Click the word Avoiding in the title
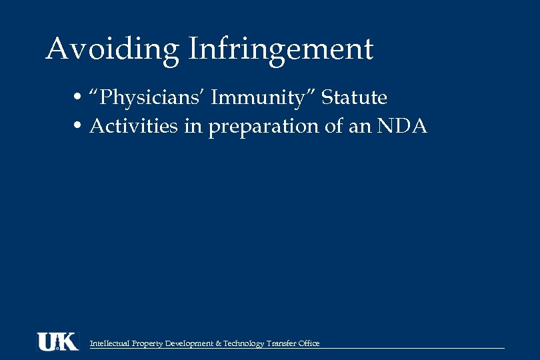[112, 49]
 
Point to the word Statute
[354, 98]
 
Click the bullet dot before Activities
[79, 126]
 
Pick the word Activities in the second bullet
[134, 125]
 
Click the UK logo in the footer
[57, 341]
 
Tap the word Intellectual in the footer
[109, 343]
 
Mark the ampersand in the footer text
[219, 343]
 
